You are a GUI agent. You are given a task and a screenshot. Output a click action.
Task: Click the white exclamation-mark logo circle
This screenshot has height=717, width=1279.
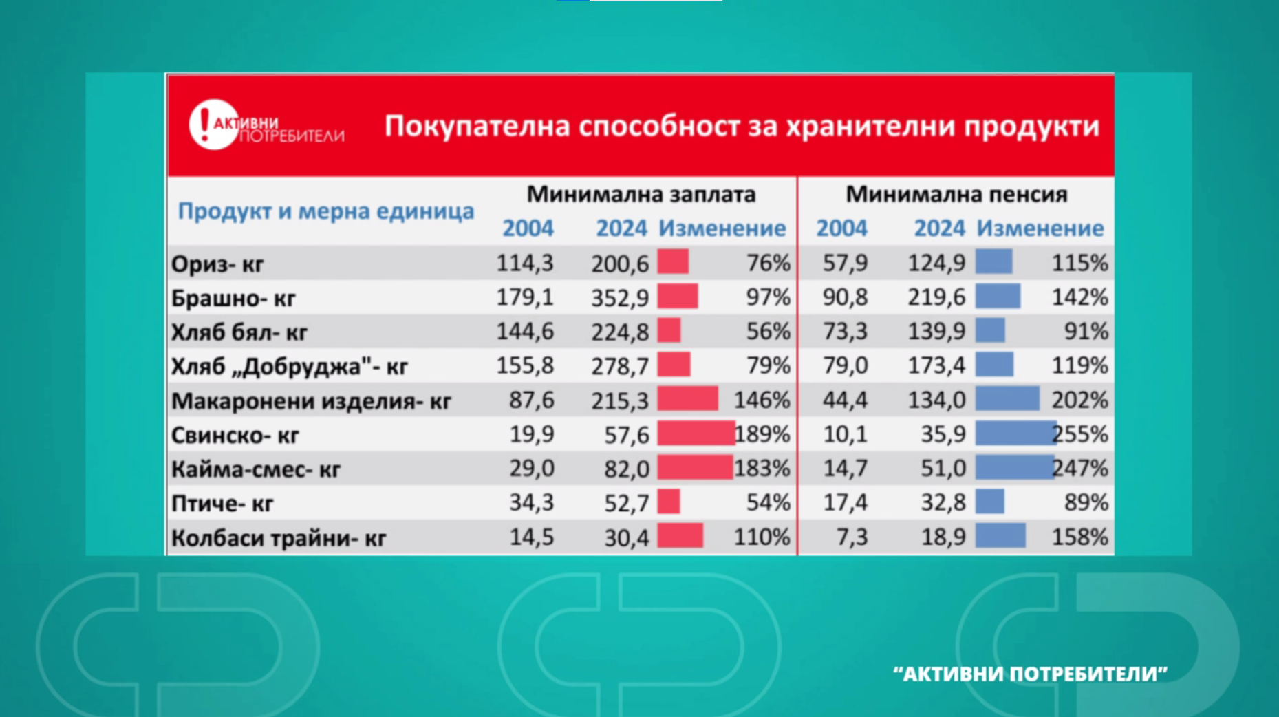pyautogui.click(x=213, y=125)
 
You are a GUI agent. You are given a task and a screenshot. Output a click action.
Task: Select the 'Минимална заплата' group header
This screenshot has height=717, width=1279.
pyautogui.click(x=641, y=195)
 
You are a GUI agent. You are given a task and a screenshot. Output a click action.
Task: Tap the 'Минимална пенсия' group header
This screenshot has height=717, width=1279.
pyautogui.click(x=956, y=195)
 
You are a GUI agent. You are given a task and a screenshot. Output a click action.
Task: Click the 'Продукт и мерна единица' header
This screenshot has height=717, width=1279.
pyautogui.click(x=325, y=211)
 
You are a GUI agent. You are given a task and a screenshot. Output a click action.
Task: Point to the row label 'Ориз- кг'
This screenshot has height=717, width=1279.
pyautogui.click(x=217, y=264)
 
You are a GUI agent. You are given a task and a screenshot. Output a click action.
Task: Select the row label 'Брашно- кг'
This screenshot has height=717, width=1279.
pyautogui.click(x=233, y=298)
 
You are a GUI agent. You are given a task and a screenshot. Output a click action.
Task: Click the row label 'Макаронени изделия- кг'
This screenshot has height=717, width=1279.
pyautogui.click(x=311, y=400)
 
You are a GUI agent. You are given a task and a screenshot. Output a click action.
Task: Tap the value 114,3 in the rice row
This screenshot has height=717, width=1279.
pyautogui.click(x=525, y=263)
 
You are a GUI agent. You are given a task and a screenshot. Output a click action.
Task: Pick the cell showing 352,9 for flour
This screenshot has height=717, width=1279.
pyautogui.click(x=619, y=297)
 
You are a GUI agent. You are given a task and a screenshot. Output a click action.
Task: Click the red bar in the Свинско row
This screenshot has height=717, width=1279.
pyautogui.click(x=695, y=434)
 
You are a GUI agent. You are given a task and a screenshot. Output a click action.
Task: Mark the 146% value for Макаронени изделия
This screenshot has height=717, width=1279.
pyautogui.click(x=762, y=400)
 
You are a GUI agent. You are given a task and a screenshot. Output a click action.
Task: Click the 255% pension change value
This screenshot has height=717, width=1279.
pyautogui.click(x=1081, y=434)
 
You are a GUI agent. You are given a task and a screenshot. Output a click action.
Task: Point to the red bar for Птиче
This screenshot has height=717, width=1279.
pyautogui.click(x=669, y=502)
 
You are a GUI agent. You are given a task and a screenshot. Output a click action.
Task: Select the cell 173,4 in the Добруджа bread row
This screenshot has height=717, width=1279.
pyautogui.click(x=936, y=366)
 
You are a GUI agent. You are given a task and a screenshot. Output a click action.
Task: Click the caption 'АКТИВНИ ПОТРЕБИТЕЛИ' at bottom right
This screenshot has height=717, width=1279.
pyautogui.click(x=1030, y=674)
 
